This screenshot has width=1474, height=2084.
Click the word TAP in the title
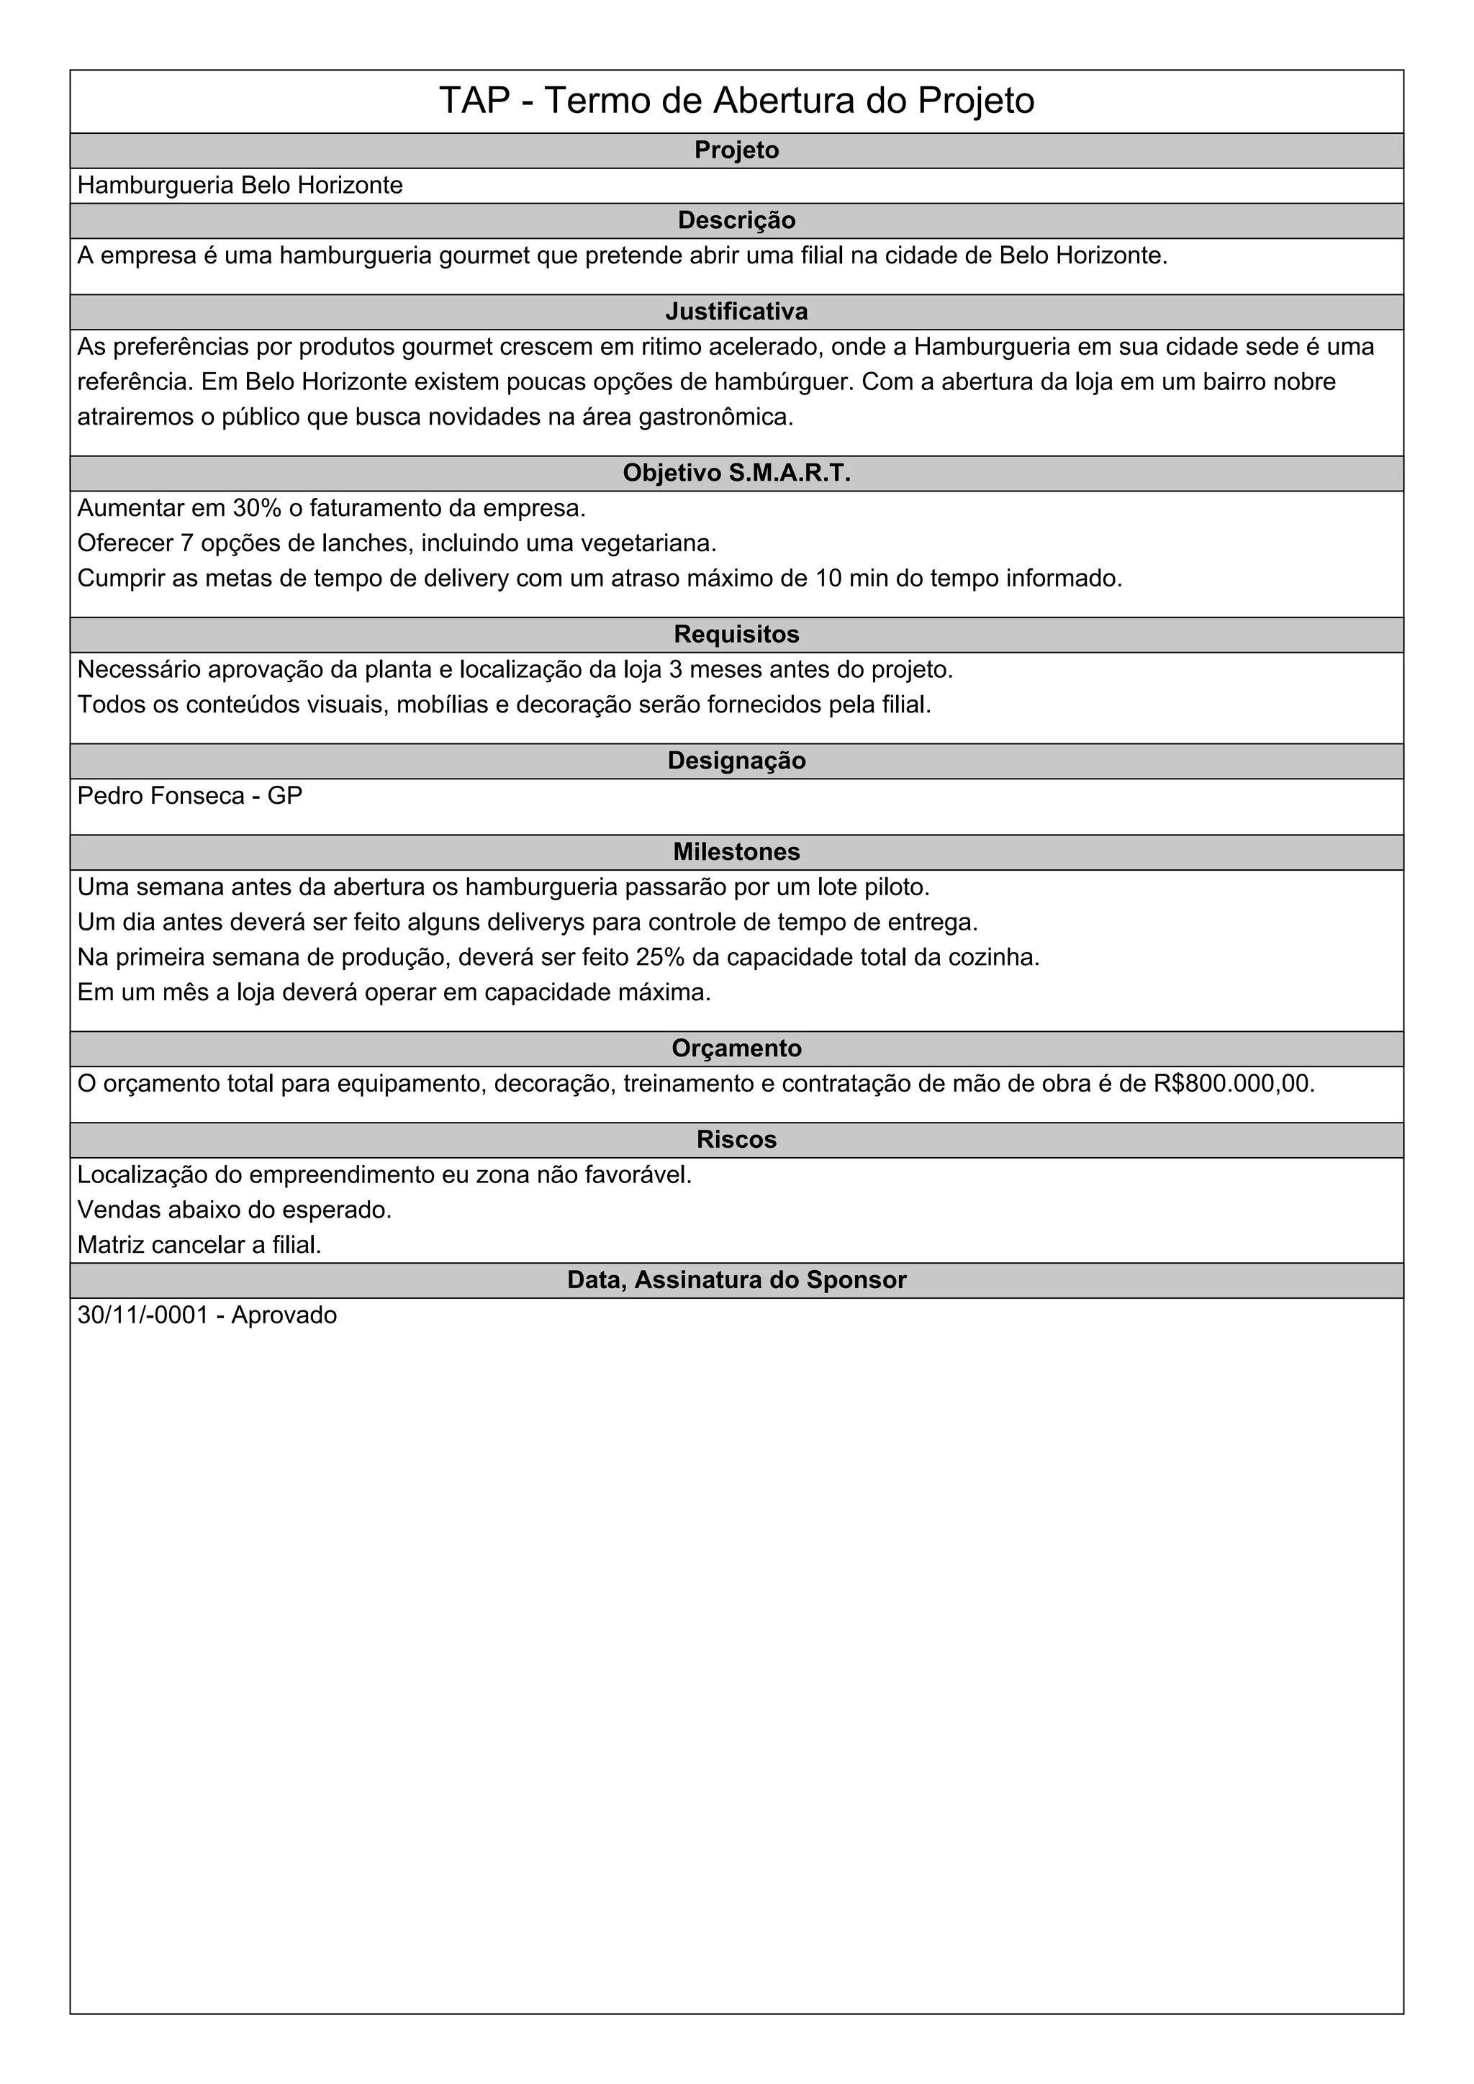tap(474, 101)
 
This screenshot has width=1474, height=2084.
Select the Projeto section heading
tap(736, 150)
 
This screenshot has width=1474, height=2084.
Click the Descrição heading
tap(736, 221)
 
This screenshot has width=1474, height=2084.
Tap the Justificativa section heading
tap(736, 312)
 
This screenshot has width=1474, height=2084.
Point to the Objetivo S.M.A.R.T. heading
tap(736, 474)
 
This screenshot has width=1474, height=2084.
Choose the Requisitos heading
tap(736, 635)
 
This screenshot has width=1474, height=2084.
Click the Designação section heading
tap(736, 761)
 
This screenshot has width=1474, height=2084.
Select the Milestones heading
tap(736, 852)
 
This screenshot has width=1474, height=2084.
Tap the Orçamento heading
tap(736, 1048)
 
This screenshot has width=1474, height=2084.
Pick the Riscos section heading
tap(736, 1140)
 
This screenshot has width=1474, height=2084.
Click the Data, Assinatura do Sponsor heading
tap(736, 1281)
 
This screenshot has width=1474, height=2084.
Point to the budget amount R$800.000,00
tap(1233, 1084)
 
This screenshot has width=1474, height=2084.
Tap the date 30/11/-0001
tap(143, 1316)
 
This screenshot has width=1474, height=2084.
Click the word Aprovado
tap(284, 1316)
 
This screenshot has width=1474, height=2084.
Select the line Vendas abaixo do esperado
tap(234, 1210)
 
